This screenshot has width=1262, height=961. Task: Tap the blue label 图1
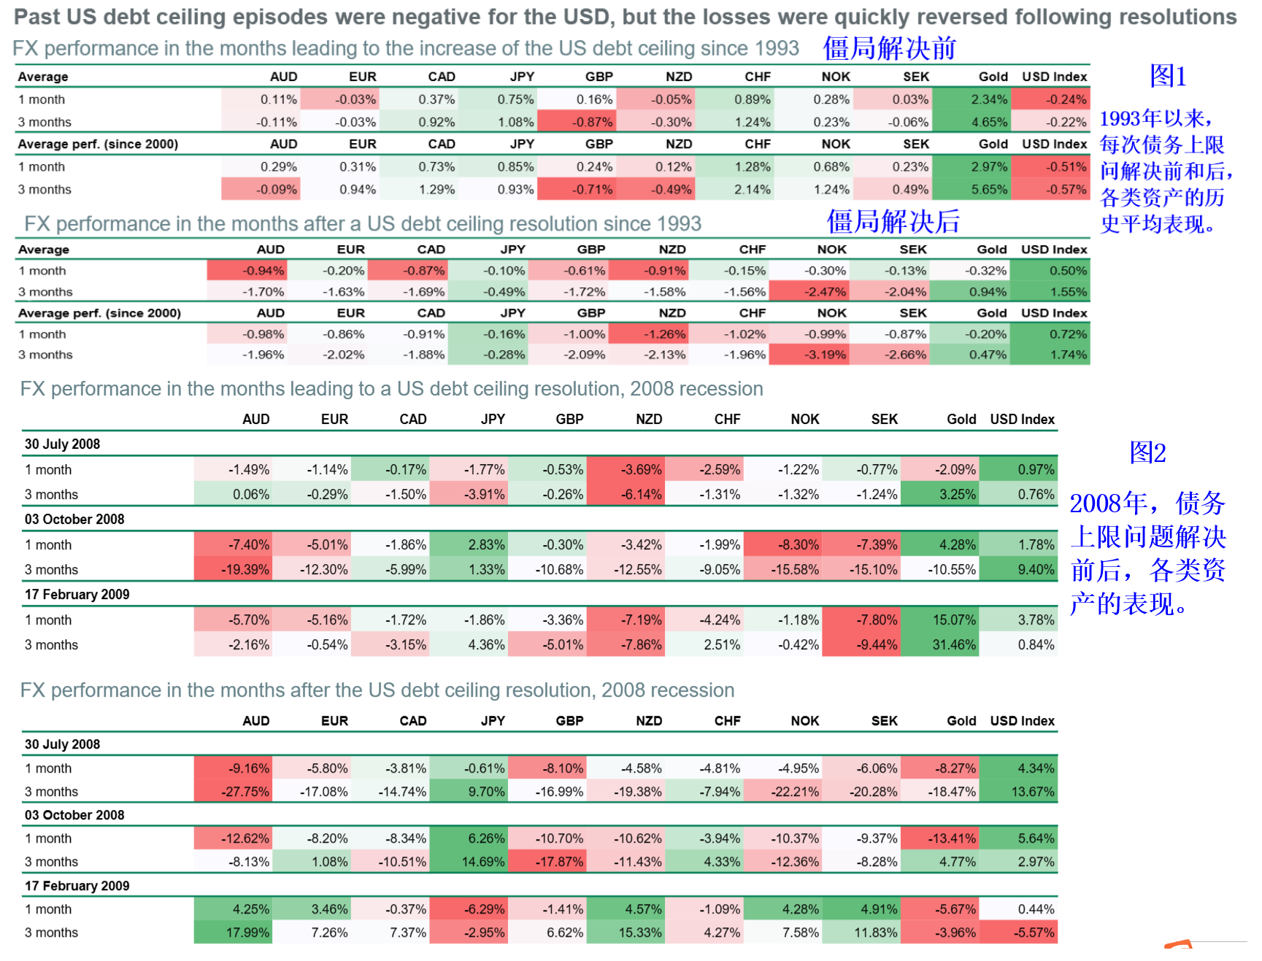pos(1168,76)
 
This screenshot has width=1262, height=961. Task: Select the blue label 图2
pos(1147,453)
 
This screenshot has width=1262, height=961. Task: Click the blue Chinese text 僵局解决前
pos(889,48)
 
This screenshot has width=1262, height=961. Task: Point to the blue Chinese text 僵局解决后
pos(893,222)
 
